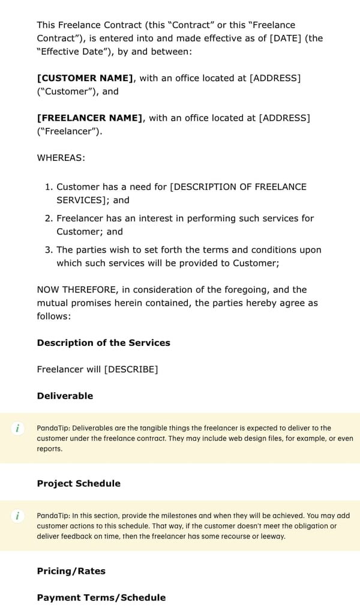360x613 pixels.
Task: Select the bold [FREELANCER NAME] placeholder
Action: coord(90,118)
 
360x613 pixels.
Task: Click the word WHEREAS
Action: coord(61,158)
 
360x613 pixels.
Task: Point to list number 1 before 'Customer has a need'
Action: coord(49,187)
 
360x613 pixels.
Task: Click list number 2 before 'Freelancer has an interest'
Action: coord(49,219)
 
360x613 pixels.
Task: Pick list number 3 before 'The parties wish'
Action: coord(49,250)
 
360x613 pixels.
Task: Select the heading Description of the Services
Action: coord(103,343)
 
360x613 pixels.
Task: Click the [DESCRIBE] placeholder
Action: coord(131,369)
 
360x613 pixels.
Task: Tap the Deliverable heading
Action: coord(65,396)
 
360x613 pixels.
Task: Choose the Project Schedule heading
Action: coord(79,483)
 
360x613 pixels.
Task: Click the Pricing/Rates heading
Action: coord(71,571)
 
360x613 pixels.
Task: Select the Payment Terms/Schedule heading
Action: coord(101,597)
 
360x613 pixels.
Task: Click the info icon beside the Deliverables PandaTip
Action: coord(18,428)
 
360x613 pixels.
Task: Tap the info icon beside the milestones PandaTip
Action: coord(18,516)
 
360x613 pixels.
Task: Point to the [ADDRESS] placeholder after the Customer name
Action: coord(275,78)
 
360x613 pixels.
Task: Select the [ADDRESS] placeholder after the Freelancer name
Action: coord(284,118)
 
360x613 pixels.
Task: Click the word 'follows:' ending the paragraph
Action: coord(53,316)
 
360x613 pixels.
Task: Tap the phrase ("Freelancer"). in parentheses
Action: coord(69,131)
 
